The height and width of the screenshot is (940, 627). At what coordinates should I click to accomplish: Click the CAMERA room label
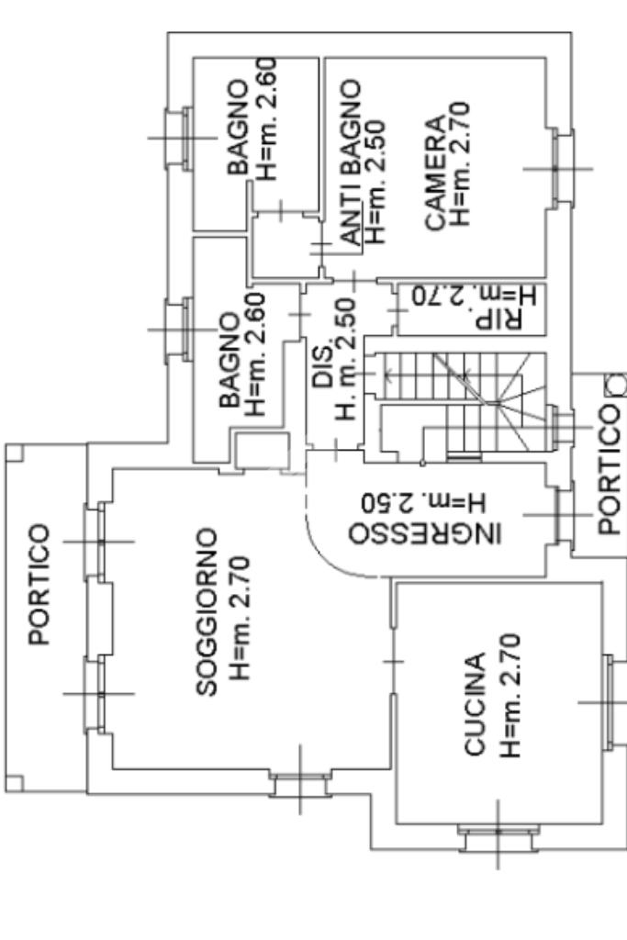pos(436,173)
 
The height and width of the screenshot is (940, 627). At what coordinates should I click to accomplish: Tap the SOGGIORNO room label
pos(207,611)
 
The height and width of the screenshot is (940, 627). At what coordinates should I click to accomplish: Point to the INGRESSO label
pos(424,533)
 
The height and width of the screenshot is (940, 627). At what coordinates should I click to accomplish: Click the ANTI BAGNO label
pos(351,163)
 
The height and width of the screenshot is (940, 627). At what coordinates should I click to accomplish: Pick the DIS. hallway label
pos(324,365)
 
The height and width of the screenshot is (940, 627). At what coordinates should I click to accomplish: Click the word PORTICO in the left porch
pos(39,585)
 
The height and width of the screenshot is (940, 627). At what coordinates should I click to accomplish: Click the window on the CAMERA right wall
pos(562,169)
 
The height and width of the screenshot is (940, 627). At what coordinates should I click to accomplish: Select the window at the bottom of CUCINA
pos(498,838)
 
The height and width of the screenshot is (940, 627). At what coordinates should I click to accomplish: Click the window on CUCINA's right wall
pos(611,702)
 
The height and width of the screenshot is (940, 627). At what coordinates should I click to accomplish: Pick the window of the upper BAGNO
pos(180,138)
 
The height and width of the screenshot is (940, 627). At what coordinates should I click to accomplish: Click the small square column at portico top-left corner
pos(15,453)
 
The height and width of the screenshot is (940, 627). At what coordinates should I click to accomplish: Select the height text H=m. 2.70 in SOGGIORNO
pos(241,619)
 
